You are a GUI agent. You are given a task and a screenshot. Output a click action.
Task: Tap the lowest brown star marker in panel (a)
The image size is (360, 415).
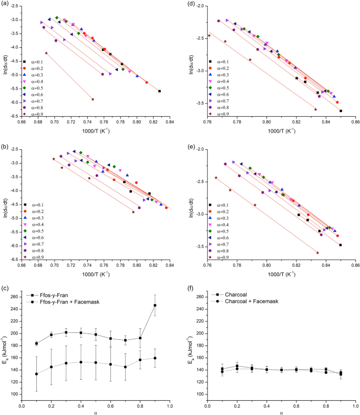click(93, 99)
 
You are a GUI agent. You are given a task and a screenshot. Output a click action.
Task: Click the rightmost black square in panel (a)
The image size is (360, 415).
click(159, 91)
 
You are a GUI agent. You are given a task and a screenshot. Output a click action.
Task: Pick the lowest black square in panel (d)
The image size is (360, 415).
click(341, 111)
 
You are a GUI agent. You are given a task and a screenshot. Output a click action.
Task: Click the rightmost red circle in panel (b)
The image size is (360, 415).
click(166, 208)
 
